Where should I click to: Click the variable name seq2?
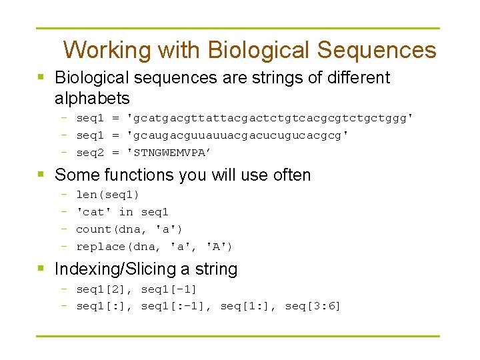[x=91, y=153]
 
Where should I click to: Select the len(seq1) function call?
[x=107, y=195]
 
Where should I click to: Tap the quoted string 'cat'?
[x=94, y=212]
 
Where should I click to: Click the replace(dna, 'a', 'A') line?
[x=154, y=247]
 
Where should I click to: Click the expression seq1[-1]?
[x=169, y=289]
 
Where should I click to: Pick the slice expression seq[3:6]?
[x=313, y=307]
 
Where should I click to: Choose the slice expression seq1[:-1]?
[x=173, y=307]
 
